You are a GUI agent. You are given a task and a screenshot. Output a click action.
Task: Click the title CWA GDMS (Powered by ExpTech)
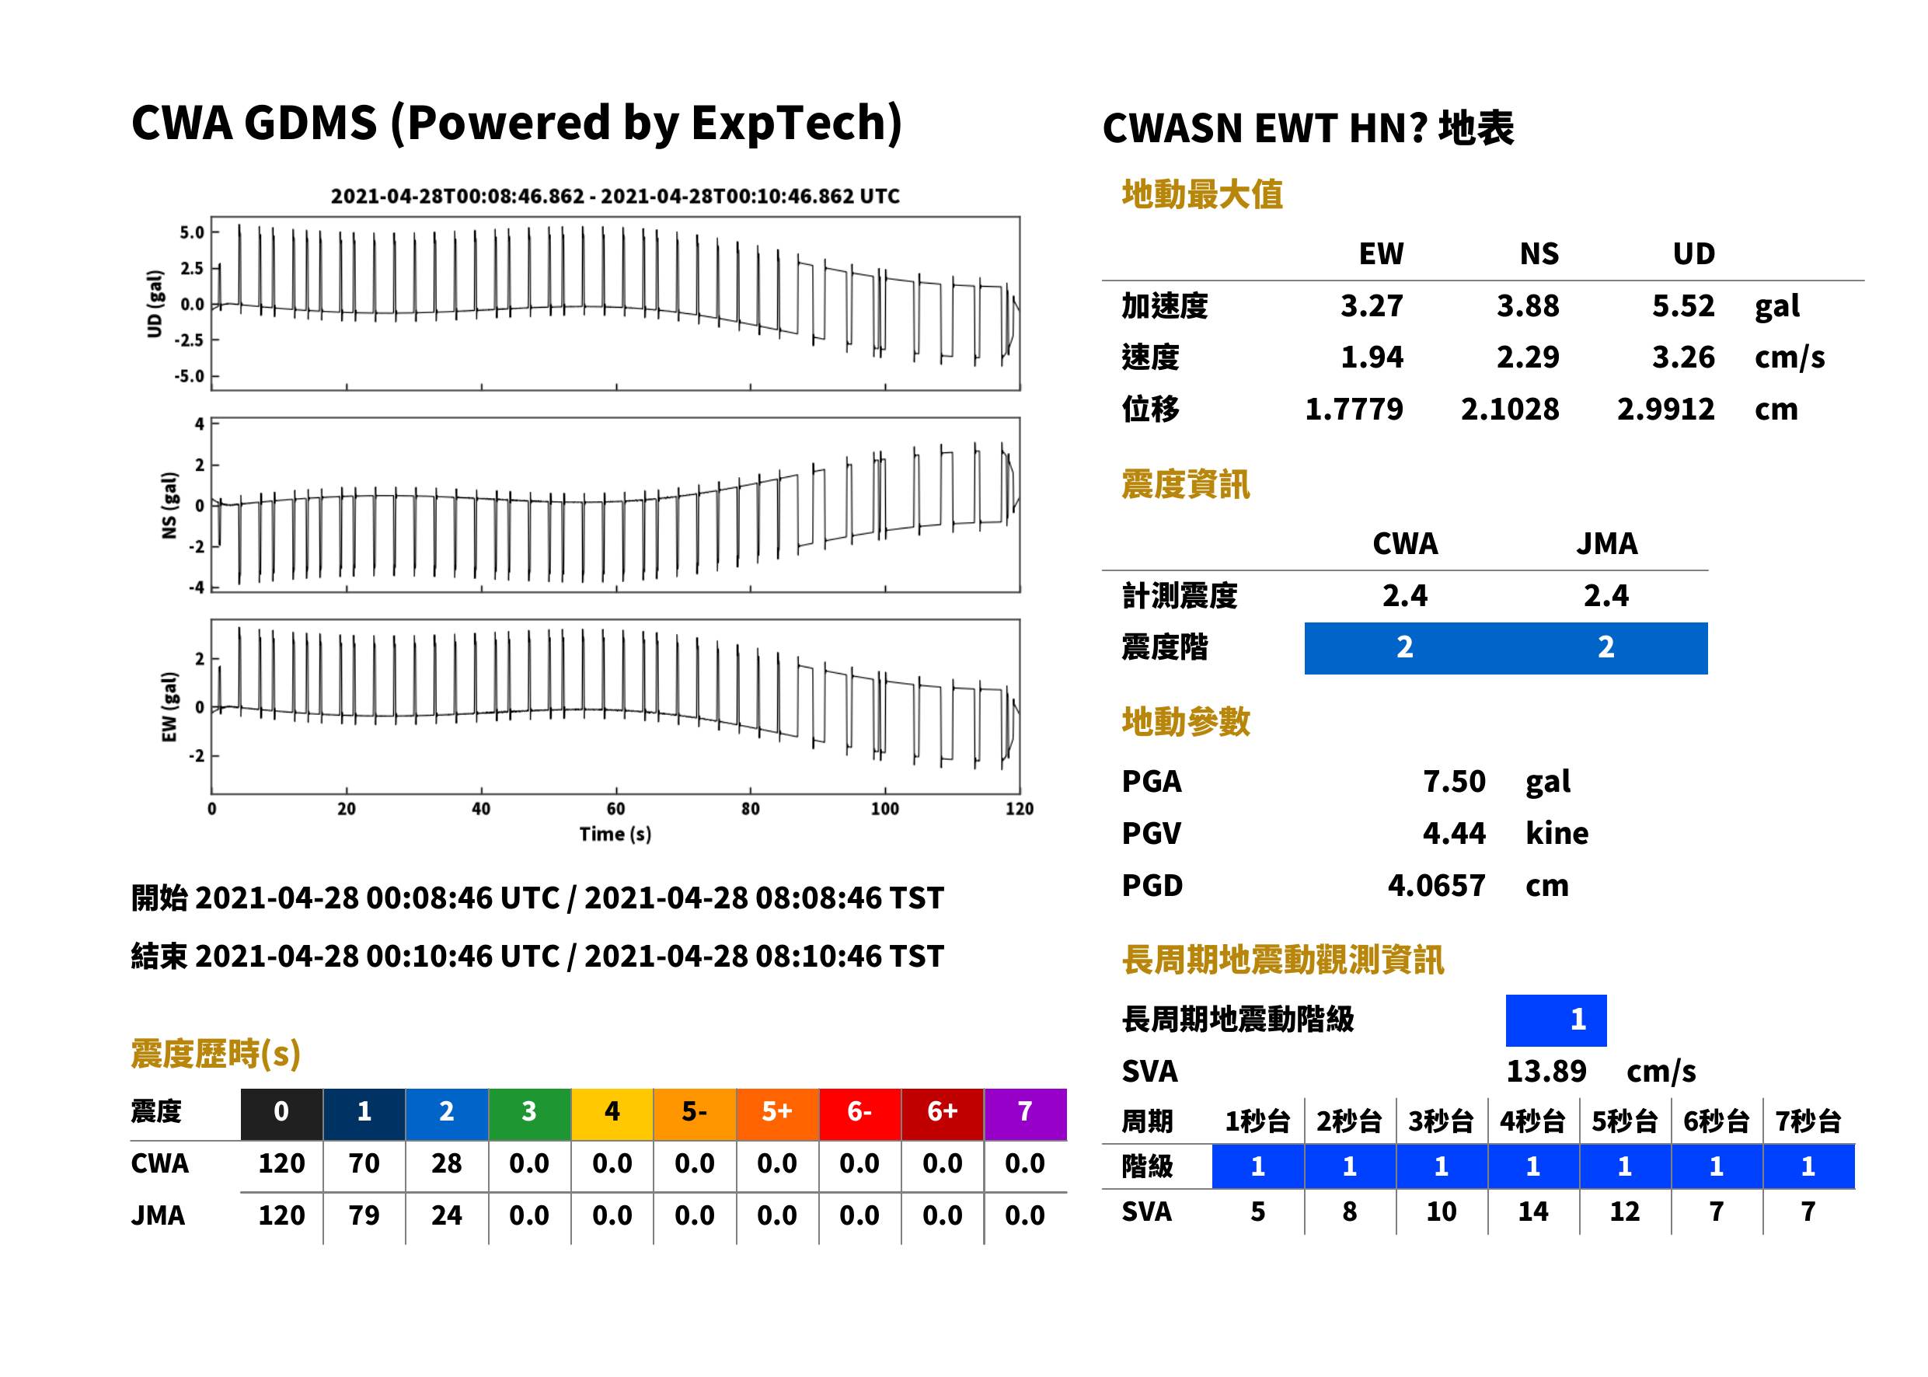click(x=516, y=124)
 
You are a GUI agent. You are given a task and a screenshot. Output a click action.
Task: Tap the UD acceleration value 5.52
click(x=1683, y=305)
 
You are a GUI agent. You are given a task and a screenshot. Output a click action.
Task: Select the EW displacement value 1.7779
click(x=1354, y=409)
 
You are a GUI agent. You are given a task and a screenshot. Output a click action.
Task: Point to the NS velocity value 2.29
click(x=1528, y=357)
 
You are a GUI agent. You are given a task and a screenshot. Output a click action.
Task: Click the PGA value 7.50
click(x=1454, y=781)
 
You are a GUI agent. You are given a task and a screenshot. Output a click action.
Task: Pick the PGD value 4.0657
click(x=1436, y=885)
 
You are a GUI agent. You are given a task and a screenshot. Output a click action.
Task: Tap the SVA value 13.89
click(x=1546, y=1071)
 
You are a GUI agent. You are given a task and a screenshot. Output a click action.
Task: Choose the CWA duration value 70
click(x=364, y=1163)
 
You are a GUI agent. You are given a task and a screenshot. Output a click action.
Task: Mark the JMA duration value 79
click(x=364, y=1215)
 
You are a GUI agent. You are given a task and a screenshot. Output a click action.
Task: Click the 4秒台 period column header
click(x=1532, y=1121)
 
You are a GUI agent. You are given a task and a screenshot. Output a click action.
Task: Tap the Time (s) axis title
click(x=615, y=835)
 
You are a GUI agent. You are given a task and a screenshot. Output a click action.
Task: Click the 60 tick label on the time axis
click(x=615, y=809)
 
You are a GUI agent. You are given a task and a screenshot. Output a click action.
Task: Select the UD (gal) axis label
click(x=155, y=304)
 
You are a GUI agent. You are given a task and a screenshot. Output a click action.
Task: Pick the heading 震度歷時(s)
click(x=216, y=1054)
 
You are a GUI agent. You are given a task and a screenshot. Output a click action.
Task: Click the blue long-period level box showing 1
click(x=1556, y=1020)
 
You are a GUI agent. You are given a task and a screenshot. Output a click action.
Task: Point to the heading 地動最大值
click(x=1202, y=194)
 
